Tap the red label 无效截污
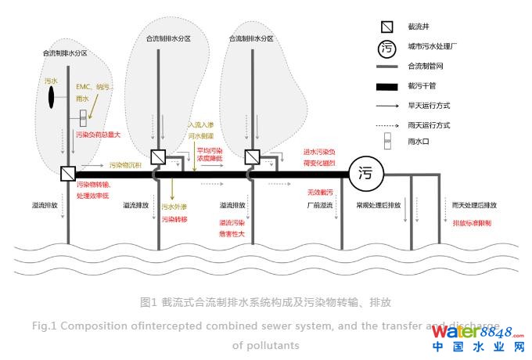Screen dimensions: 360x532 [x=321, y=192]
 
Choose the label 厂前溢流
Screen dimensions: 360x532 [x=320, y=205]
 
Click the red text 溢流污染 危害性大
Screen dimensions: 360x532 [x=232, y=228]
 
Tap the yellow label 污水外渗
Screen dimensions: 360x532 [x=175, y=207]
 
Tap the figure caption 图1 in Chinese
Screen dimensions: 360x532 [x=266, y=301]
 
